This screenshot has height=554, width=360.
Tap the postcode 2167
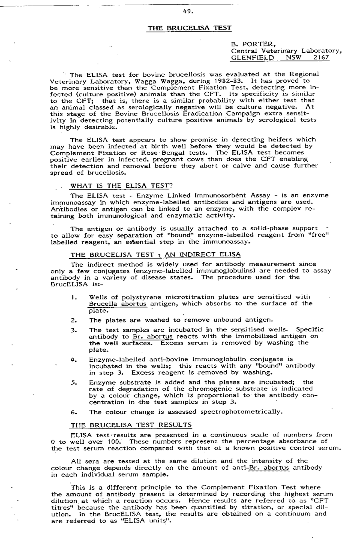pos(321,58)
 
